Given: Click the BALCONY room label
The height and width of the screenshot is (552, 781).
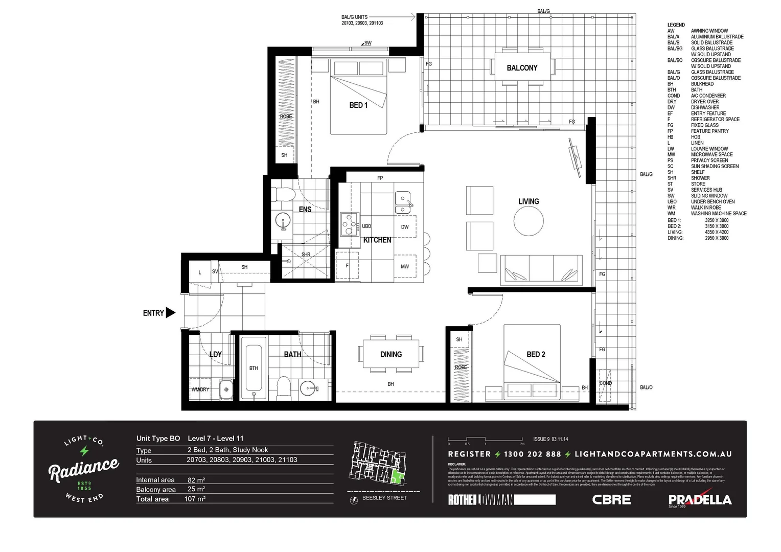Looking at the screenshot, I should pyautogui.click(x=522, y=68).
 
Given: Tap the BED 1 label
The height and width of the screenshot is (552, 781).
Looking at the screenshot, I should pyautogui.click(x=358, y=105).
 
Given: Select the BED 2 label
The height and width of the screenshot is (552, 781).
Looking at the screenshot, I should pyautogui.click(x=536, y=354).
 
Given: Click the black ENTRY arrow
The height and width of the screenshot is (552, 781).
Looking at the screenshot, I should pyautogui.click(x=171, y=313).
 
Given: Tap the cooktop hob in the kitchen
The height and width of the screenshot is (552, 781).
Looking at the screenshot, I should pyautogui.click(x=349, y=223).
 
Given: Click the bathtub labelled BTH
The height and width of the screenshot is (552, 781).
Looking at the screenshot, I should pyautogui.click(x=254, y=366).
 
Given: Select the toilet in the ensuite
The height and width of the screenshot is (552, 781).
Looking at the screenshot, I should pyautogui.click(x=283, y=195).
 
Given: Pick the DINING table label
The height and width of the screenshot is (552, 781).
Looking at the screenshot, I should pyautogui.click(x=391, y=354).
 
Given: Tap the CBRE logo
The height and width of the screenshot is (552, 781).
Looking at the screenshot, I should pyautogui.click(x=611, y=499).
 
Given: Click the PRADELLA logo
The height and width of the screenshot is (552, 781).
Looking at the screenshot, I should pyautogui.click(x=700, y=499).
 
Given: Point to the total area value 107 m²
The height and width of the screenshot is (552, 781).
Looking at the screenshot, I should pyautogui.click(x=195, y=499).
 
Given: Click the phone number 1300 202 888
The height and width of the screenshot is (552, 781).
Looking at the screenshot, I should pyautogui.click(x=532, y=454).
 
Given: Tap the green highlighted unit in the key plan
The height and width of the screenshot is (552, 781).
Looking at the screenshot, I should pyautogui.click(x=397, y=478).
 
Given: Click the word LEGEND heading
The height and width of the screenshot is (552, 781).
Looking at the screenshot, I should pyautogui.click(x=676, y=25).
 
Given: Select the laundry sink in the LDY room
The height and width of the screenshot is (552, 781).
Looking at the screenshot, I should pyautogui.click(x=226, y=389).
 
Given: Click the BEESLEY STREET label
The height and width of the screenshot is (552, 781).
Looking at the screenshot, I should pyautogui.click(x=384, y=498).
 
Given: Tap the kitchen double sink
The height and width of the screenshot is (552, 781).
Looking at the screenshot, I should pyautogui.click(x=403, y=203).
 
